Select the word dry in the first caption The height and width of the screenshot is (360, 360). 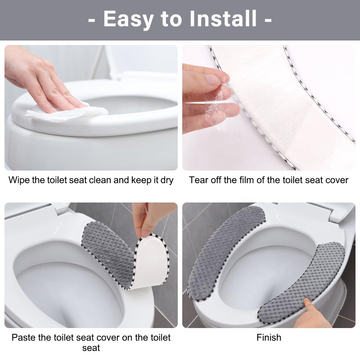166,180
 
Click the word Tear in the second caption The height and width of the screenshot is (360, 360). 198,180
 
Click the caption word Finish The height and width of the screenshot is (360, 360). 269,337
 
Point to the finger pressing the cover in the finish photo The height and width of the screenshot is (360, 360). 310,307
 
